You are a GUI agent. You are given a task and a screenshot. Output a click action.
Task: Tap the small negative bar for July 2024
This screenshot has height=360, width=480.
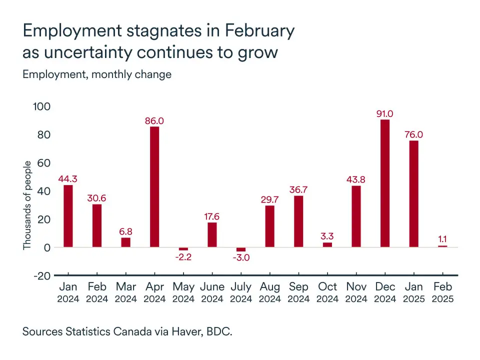click(x=241, y=249)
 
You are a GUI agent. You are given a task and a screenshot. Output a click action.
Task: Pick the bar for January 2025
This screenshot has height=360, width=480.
click(x=413, y=193)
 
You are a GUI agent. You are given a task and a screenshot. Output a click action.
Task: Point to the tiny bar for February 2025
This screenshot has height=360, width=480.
click(x=442, y=246)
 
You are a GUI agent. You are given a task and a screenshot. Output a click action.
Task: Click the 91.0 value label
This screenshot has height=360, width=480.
click(x=385, y=113)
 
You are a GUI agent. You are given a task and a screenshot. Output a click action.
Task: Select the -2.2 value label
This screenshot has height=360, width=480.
click(x=183, y=257)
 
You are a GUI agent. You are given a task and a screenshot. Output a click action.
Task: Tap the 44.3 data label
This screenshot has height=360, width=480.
click(x=68, y=179)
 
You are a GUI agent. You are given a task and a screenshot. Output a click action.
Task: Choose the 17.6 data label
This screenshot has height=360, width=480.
click(x=212, y=216)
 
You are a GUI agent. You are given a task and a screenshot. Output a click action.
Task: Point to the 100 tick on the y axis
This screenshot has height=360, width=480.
click(x=42, y=106)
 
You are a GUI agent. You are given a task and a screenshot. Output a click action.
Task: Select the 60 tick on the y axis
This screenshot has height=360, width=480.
click(x=44, y=163)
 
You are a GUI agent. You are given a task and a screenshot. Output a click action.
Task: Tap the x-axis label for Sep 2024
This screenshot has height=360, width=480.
click(x=298, y=293)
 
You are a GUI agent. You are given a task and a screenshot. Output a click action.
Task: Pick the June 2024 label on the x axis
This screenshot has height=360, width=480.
click(x=212, y=293)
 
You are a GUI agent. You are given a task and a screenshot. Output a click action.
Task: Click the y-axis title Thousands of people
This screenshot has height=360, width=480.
click(x=27, y=205)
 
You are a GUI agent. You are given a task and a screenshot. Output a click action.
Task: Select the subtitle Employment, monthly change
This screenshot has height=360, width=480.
click(x=97, y=74)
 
